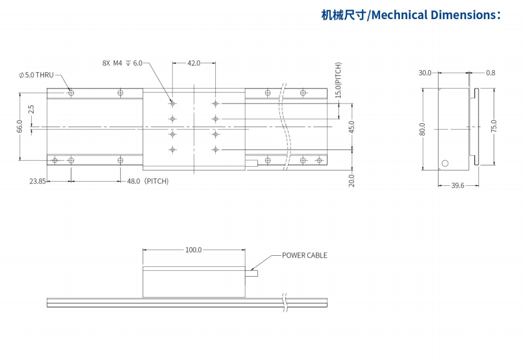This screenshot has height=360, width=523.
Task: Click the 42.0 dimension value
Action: (194, 63)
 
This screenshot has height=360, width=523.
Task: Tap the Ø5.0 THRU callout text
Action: (36, 75)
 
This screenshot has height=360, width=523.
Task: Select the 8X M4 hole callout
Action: (122, 63)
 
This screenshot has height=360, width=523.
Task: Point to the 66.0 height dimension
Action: (20, 126)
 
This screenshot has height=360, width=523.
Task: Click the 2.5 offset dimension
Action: (31, 109)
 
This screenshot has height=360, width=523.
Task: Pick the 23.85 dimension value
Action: (38, 181)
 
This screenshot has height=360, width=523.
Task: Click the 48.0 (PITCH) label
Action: (148, 181)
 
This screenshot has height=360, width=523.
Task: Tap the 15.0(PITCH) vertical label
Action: (338, 80)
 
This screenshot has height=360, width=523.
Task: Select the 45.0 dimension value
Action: (352, 127)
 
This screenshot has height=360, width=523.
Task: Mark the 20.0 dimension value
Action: (352, 181)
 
